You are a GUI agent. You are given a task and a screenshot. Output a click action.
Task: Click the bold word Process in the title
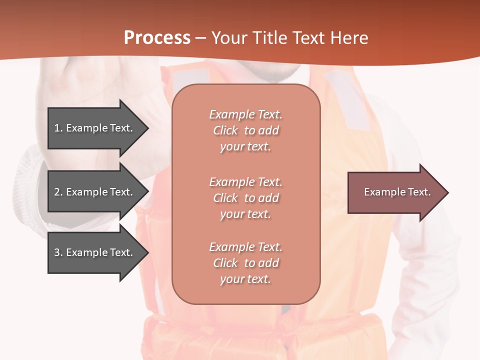(157, 38)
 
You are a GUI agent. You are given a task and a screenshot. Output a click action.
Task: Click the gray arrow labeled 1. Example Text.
(95, 128)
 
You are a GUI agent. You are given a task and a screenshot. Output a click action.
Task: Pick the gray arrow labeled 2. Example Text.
(95, 192)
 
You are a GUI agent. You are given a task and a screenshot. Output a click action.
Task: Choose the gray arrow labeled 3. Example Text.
(95, 252)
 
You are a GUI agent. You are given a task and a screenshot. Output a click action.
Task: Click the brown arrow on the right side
(395, 192)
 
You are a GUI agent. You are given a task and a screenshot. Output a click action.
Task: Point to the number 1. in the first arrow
(58, 128)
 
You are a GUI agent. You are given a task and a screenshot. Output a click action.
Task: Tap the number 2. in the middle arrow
(58, 192)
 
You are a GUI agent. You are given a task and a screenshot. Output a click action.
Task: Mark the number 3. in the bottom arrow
(58, 252)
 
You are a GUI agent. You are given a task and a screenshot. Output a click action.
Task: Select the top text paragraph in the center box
(245, 130)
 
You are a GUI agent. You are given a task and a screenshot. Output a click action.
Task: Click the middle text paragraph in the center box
(245, 198)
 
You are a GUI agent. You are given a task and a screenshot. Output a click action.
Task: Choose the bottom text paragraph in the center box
(245, 263)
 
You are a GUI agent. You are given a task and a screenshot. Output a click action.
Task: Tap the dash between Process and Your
(201, 38)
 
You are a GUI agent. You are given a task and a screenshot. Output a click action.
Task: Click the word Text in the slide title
(309, 38)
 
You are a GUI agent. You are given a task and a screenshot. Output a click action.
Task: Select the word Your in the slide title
(230, 38)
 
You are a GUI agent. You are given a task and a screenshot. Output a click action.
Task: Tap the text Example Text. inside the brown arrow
(397, 192)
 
